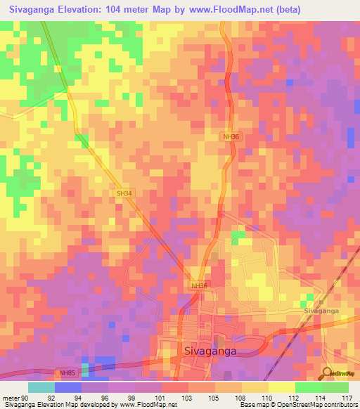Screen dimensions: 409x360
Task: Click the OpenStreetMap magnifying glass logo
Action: point(326,372)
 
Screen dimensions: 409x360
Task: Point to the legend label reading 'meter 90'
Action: point(15,398)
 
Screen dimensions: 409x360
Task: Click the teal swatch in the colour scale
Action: point(41,387)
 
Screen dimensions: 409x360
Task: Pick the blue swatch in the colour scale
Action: point(68,387)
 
